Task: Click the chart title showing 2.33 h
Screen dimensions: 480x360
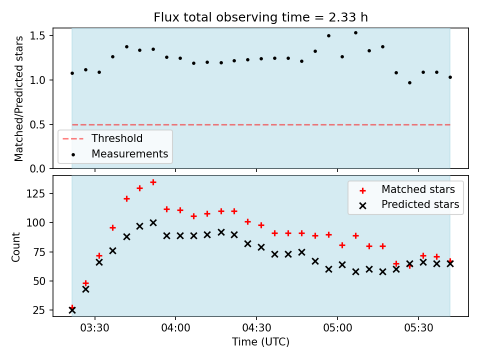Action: [x=260, y=17]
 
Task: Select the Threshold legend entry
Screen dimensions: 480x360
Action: [x=102, y=138]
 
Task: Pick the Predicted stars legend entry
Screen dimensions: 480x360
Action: [x=409, y=204]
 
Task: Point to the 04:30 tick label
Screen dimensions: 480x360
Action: [x=256, y=328]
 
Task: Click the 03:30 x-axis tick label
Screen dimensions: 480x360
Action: [x=95, y=328]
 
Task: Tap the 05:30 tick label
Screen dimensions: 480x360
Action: [x=418, y=328]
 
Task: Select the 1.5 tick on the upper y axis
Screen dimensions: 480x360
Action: [x=37, y=36]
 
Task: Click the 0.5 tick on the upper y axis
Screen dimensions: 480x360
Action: [x=37, y=125]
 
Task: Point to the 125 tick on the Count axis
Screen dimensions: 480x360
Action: [x=35, y=194]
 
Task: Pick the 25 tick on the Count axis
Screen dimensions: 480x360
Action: [x=39, y=310]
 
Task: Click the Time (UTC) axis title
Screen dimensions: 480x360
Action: [x=260, y=341]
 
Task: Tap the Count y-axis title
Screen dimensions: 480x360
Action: [x=15, y=247]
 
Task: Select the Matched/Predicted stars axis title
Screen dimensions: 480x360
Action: [x=18, y=98]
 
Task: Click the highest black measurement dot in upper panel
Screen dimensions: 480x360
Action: [x=355, y=33]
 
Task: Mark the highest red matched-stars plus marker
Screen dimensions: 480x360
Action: [x=153, y=182]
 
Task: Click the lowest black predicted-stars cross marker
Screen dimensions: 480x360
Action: [x=72, y=310]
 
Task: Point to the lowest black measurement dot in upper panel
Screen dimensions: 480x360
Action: [x=409, y=82]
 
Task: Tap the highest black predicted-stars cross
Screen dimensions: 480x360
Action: [x=153, y=223]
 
